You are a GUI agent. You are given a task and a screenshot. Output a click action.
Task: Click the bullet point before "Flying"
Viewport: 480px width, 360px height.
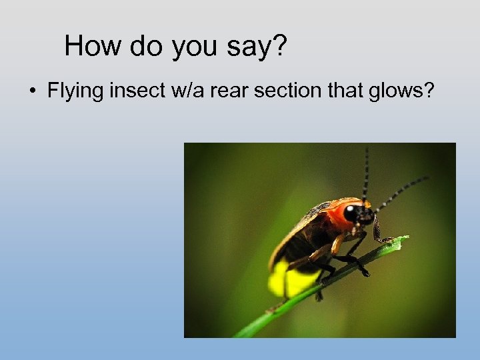pyautogui.click(x=32, y=91)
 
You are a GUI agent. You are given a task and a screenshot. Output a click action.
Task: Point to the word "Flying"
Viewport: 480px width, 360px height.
pyautogui.click(x=74, y=91)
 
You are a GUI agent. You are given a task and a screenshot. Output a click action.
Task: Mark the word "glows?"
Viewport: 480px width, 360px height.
pyautogui.click(x=400, y=91)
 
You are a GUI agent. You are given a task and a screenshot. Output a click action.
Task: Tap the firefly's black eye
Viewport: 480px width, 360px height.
pyautogui.click(x=351, y=213)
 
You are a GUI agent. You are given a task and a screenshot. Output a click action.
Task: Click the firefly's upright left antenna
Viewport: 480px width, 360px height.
pyautogui.click(x=365, y=170)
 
